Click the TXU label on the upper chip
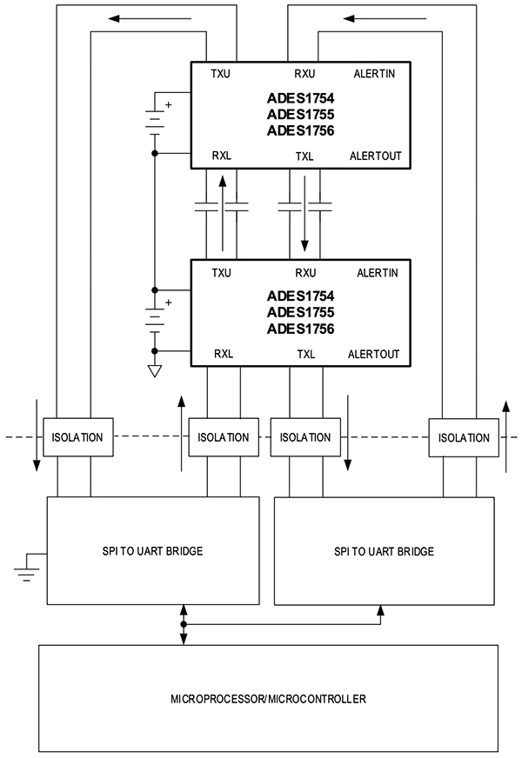click(221, 74)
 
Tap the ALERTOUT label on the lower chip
click(374, 354)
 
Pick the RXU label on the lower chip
click(305, 272)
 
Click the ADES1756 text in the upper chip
click(301, 130)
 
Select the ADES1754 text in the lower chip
click(301, 296)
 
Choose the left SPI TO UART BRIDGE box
click(153, 550)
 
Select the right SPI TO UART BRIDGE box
click(384, 551)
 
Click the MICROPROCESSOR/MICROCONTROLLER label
click(268, 698)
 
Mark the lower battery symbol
click(155, 318)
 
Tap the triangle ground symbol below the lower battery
click(155, 371)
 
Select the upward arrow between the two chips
click(222, 209)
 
